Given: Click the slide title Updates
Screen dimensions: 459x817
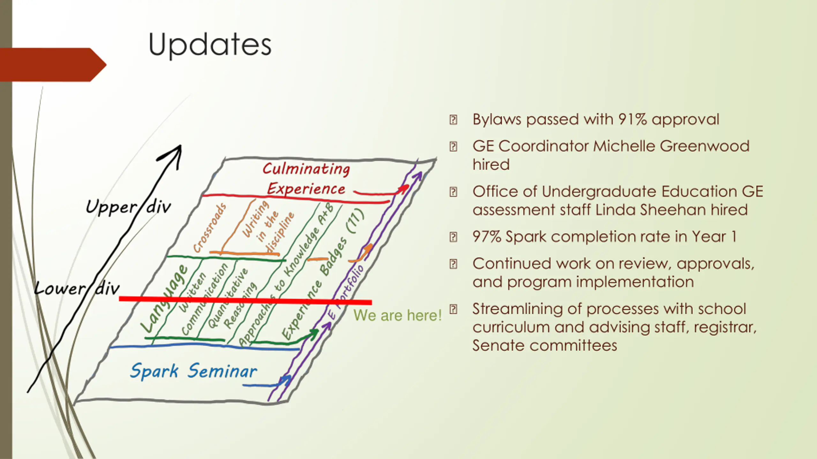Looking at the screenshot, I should tap(210, 45).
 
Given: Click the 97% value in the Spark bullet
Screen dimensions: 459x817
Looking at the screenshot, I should tap(487, 237).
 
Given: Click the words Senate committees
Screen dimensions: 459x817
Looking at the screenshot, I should tap(544, 346).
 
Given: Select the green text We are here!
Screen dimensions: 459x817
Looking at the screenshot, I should tap(397, 316).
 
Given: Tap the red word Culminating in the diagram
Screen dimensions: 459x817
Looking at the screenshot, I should tap(306, 169).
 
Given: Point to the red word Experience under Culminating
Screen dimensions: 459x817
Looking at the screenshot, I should tap(306, 189).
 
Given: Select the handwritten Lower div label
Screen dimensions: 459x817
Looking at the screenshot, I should tap(77, 289).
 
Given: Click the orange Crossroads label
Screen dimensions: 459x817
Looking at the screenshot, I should tap(210, 228).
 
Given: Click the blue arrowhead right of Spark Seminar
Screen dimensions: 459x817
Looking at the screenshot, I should tap(286, 380).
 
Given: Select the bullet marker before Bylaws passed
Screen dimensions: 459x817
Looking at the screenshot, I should tap(453, 120).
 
